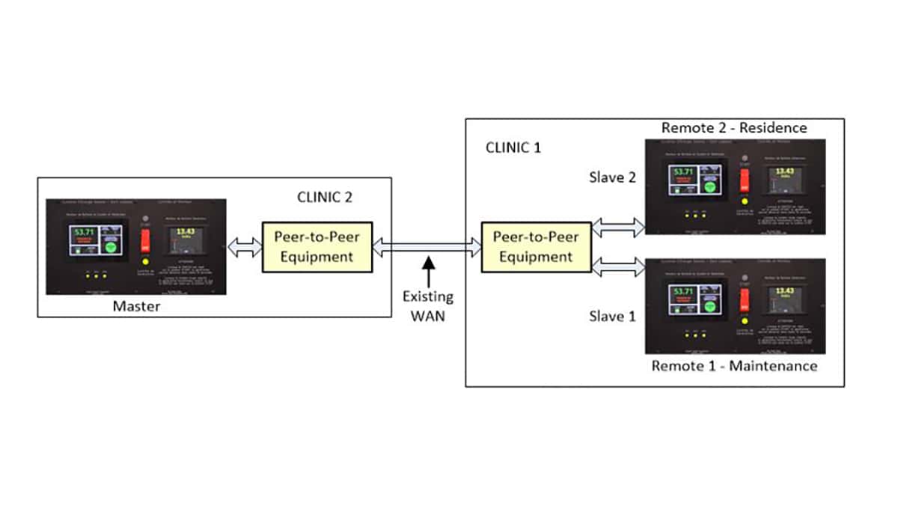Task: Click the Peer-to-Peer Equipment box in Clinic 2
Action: (x=317, y=247)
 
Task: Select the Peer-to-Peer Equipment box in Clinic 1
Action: (x=535, y=247)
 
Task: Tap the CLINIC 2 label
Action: (x=325, y=198)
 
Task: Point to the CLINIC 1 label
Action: (x=513, y=147)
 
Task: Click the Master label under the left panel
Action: (x=136, y=306)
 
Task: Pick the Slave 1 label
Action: (x=612, y=316)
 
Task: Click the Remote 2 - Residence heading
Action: (x=733, y=128)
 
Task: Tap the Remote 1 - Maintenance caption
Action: (x=733, y=366)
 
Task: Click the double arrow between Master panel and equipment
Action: (x=244, y=247)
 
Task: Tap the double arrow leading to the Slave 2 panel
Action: (x=617, y=226)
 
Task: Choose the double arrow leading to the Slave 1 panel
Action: (x=617, y=266)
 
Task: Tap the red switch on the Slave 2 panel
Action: (x=744, y=180)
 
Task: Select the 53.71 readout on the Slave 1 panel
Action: (x=682, y=292)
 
